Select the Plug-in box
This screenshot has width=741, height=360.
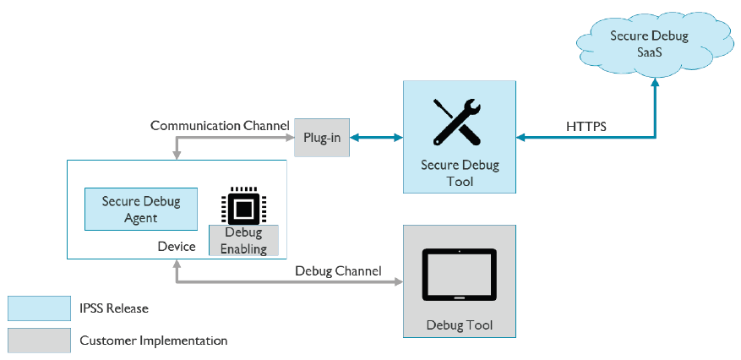[321, 138]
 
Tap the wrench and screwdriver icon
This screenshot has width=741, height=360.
[458, 123]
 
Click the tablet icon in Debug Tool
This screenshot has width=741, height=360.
[459, 275]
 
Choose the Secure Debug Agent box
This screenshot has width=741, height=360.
[141, 209]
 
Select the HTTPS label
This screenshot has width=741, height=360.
[586, 127]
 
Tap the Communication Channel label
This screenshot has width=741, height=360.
[220, 126]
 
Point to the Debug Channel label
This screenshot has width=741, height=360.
[338, 271]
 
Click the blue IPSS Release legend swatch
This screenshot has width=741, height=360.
[39, 308]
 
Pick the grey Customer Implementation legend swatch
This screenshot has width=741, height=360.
[39, 341]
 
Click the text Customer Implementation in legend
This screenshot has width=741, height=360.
[153, 341]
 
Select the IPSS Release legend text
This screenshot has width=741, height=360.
[114, 308]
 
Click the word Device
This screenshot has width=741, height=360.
[177, 247]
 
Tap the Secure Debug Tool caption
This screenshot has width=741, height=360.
[459, 173]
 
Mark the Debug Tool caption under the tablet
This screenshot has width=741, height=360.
[459, 325]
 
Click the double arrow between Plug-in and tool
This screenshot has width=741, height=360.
[376, 137]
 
